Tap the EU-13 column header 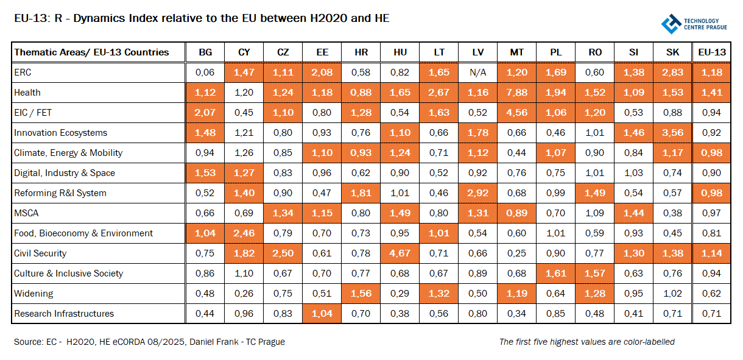point(711,52)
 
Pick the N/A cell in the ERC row point(478,72)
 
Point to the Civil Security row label point(40,253)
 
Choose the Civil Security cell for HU point(400,253)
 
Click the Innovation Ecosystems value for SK point(672,133)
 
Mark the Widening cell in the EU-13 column point(711,294)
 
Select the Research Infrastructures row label point(64,314)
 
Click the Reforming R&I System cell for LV point(478,193)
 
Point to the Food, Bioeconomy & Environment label point(83,233)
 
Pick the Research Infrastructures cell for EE point(322,314)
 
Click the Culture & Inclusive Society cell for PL point(556,274)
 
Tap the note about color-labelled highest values point(586,342)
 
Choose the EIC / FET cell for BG point(205,113)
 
